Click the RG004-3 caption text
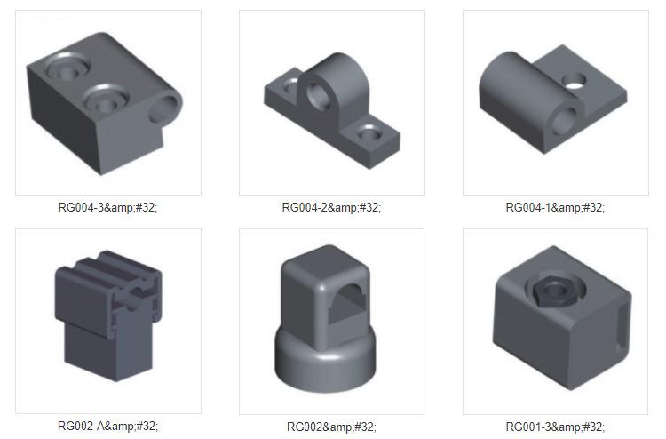pos(107,207)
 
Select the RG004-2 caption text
pos(331,207)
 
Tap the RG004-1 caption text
pos(555,207)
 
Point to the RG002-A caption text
pos(107,426)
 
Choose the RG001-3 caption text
pos(555,427)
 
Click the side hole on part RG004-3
pos(163,109)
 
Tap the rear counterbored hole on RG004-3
pos(67,68)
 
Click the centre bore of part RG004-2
pos(317,97)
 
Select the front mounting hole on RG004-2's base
pos(369,133)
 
